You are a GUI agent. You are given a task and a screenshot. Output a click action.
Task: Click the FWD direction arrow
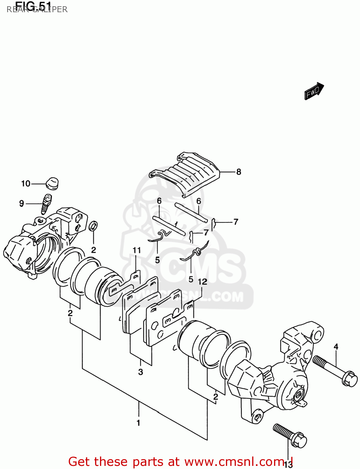pos(314,91)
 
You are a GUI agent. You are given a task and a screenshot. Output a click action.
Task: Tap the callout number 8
pos(239,172)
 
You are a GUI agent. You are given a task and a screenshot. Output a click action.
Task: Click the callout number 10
pos(26,184)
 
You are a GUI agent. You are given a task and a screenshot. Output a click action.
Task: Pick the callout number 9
pos(22,204)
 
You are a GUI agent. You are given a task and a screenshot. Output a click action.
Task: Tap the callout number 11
pos(137,250)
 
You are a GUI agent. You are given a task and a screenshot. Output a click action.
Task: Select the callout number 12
pos(202,282)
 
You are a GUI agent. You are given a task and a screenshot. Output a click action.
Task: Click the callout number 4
pos(336,346)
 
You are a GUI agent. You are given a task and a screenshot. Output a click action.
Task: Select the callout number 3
pos(141,372)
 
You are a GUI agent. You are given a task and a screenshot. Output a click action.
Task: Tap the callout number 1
pos(138,423)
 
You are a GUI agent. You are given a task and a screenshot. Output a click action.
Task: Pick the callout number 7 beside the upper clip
pos(236,222)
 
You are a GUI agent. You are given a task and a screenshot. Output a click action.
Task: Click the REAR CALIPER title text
pos(37,9)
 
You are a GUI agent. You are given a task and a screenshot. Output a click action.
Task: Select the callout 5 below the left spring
pos(157,260)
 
